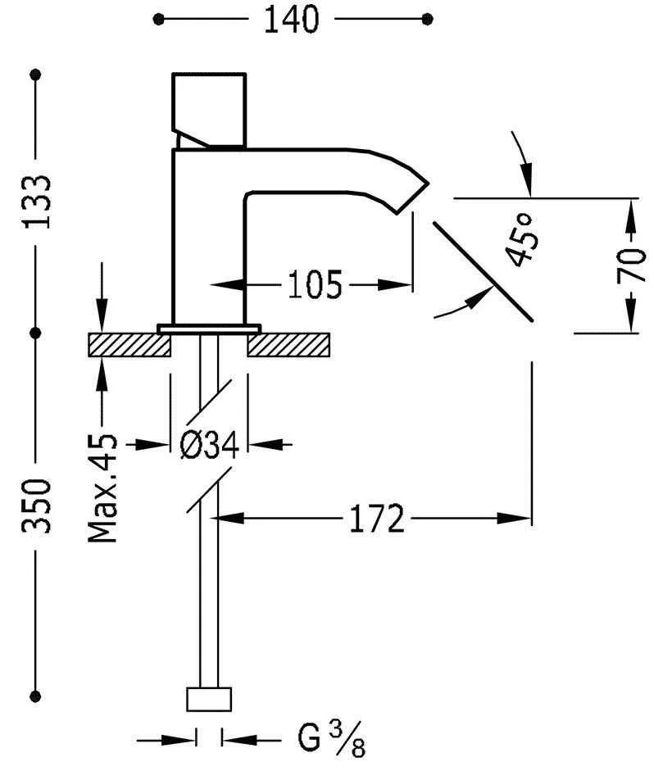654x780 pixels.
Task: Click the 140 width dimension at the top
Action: click(x=290, y=19)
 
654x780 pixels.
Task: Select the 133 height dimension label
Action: click(x=38, y=202)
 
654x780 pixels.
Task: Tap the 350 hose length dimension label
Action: click(x=38, y=506)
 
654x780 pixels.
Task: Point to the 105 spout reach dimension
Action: click(x=314, y=285)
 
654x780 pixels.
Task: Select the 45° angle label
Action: click(x=522, y=238)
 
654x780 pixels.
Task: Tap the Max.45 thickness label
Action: click(x=104, y=488)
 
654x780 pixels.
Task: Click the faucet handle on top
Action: click(x=210, y=109)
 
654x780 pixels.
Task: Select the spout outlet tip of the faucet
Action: click(x=414, y=193)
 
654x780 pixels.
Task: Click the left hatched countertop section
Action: click(x=129, y=344)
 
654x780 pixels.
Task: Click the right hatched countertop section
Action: click(x=288, y=344)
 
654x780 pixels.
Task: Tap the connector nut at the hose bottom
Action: click(x=209, y=699)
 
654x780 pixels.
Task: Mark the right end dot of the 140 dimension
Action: click(x=426, y=18)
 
